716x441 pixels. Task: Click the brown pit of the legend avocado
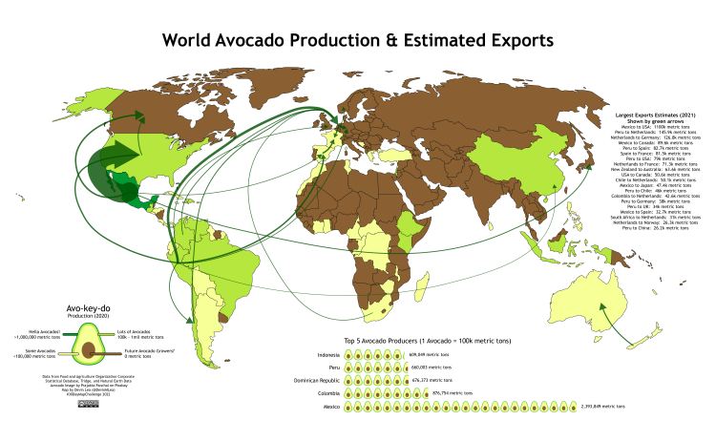91,349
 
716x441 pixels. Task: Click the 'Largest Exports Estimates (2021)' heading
654,114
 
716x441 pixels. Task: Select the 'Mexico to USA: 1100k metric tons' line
654,126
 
